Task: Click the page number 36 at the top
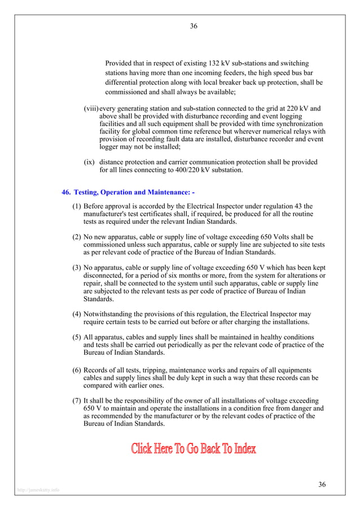point(194,26)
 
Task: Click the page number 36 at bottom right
point(322,485)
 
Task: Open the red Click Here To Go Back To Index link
point(194,449)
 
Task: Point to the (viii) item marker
point(91,108)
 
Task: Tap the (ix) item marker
point(89,162)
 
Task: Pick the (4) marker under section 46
point(77,313)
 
